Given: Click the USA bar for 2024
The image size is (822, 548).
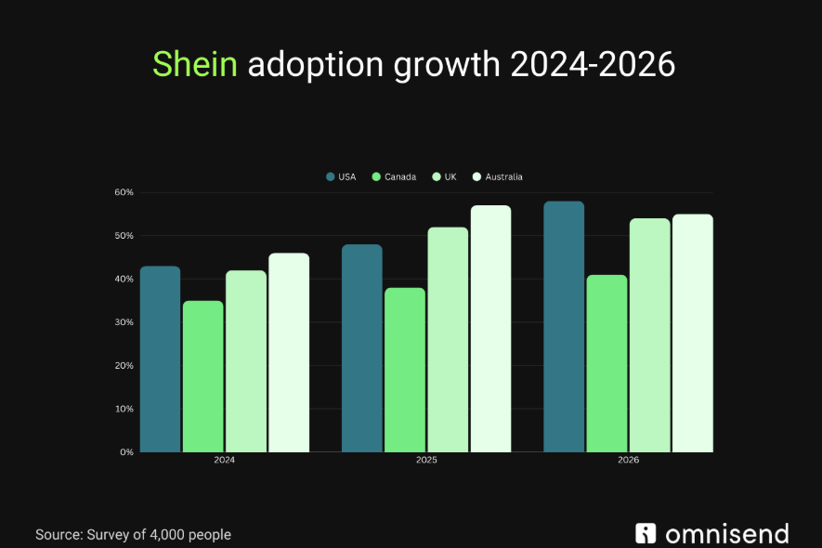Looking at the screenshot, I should pos(160,359).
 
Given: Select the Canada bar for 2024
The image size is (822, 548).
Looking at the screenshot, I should pos(202,376).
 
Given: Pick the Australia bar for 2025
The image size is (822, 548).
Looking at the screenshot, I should pos(490,329).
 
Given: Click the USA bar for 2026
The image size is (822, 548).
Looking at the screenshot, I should pos(564,327).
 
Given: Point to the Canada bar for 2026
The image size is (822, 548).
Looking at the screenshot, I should pos(607,363).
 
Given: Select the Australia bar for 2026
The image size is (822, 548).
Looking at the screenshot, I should pos(692,333).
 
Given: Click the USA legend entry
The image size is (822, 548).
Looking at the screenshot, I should pos(341,176).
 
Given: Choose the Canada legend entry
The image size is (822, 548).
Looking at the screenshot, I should pos(394,176).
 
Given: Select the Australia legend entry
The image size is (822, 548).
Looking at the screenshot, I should pos(497,176).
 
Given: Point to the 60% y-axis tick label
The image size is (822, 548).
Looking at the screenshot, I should pos(124,192).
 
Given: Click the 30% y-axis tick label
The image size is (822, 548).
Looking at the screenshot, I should pos(124,322).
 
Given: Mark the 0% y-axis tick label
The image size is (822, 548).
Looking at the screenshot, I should pos(126,452).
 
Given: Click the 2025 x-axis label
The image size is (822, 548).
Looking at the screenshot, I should pos(426,461).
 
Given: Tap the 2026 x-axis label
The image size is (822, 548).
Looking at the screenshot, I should pos(628,461).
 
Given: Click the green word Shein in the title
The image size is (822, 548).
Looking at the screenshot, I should pos(195,64).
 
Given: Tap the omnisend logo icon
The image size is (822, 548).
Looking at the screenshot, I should pos(646,533).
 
